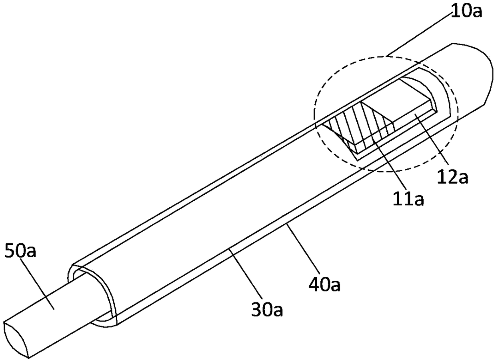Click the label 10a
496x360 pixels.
point(466,11)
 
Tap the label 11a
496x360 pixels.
point(408,198)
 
